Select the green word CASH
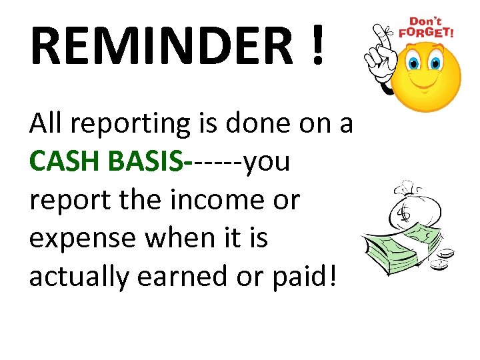pos(63,161)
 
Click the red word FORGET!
pos(426,31)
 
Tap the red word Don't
pos(425,21)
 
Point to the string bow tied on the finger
pos(382,31)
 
